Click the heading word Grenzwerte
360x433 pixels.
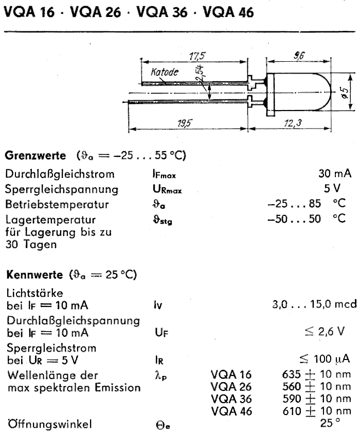click(x=35, y=155)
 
